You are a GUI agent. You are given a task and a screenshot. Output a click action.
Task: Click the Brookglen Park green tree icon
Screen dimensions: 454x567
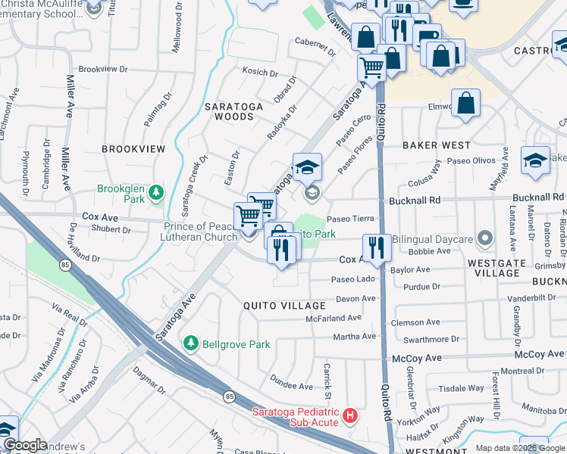coord(156,192)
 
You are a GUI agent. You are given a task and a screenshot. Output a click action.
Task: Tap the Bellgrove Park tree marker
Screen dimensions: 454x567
coord(191,344)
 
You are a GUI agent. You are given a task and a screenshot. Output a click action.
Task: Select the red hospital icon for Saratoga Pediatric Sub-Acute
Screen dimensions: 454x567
coord(349,415)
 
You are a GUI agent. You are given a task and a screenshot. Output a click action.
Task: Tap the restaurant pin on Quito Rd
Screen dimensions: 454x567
coord(375,247)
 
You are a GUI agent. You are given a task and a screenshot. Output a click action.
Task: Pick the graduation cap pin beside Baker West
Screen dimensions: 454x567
coord(535,161)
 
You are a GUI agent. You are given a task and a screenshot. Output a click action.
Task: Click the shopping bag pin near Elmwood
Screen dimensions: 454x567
coord(465,104)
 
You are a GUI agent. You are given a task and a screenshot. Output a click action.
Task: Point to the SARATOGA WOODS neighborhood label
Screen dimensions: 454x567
coord(233,112)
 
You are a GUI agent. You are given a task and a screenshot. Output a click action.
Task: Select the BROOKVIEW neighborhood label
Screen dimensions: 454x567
coord(133,150)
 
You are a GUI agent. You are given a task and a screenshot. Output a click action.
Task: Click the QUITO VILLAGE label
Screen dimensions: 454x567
coord(283,306)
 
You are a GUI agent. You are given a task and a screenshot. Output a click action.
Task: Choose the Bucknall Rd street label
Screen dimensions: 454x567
coord(414,202)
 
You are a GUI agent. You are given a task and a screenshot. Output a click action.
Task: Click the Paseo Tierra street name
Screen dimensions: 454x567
coord(350,219)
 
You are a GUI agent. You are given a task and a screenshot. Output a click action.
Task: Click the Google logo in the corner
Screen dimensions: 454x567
coord(24,445)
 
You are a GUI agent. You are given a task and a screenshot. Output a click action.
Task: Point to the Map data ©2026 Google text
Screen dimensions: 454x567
coord(519,448)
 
